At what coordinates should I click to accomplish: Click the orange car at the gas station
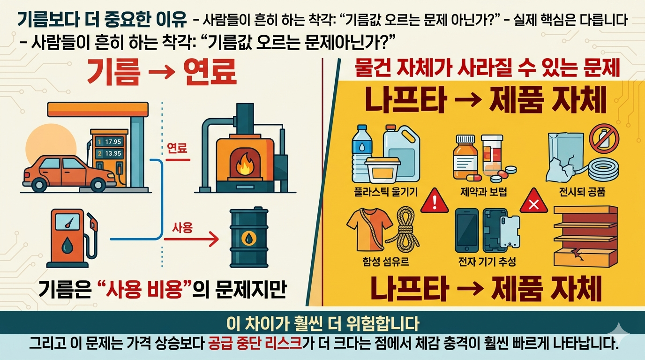coord(68,172)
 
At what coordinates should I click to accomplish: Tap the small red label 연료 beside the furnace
coord(177,149)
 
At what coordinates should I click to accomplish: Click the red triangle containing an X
coord(533,202)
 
